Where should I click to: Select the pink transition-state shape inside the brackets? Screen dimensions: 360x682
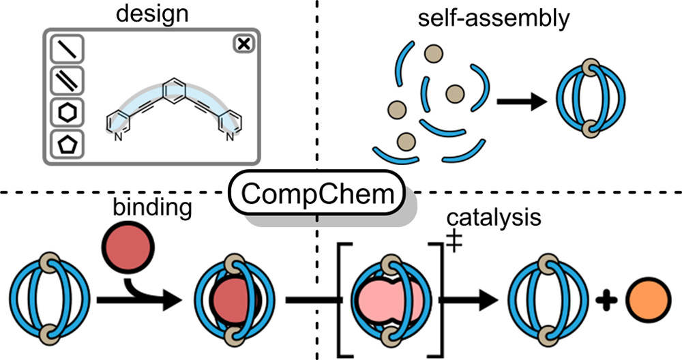click(x=388, y=300)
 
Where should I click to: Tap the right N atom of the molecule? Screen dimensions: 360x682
click(x=230, y=135)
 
